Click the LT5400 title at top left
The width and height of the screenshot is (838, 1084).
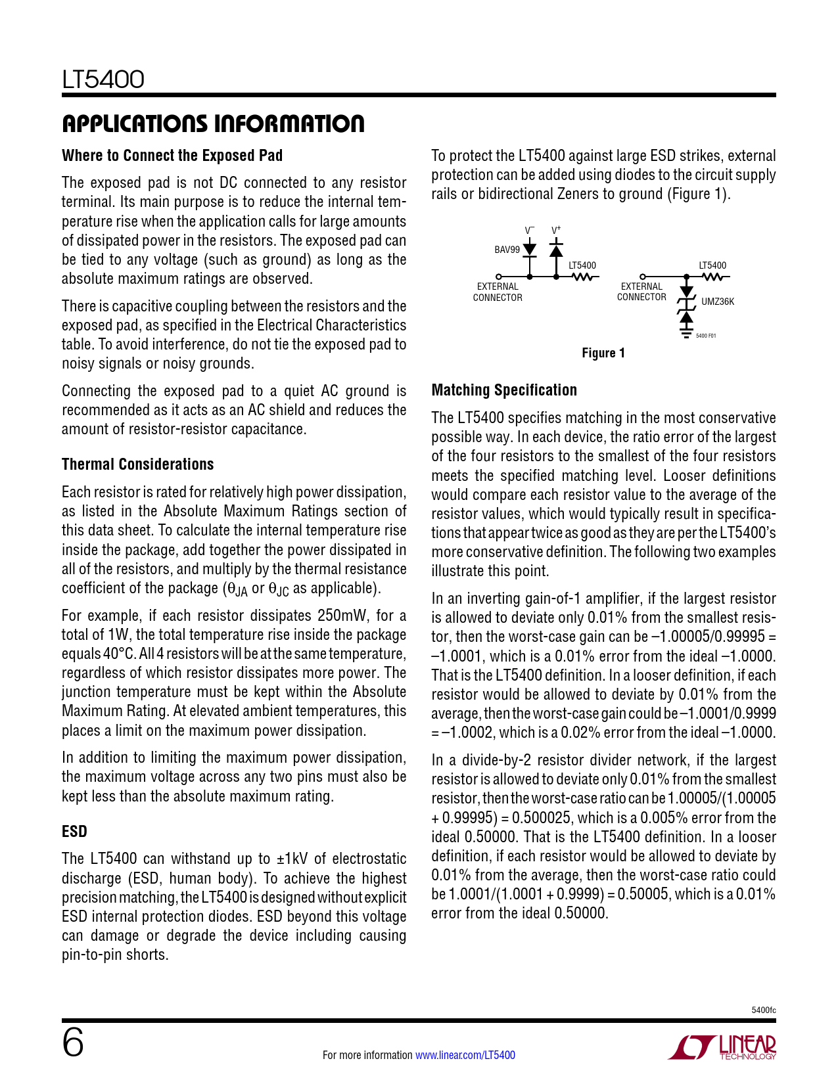[103, 79]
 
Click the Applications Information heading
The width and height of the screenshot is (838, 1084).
[213, 124]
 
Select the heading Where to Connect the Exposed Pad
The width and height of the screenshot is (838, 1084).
[172, 156]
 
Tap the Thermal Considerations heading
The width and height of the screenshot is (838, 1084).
[138, 464]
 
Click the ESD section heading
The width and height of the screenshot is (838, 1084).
[74, 832]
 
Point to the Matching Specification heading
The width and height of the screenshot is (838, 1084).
[504, 390]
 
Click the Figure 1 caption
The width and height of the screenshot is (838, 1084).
[603, 353]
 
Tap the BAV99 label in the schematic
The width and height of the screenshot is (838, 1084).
[507, 250]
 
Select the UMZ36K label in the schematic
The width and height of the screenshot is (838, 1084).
[718, 302]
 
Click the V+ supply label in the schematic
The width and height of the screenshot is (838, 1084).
[556, 230]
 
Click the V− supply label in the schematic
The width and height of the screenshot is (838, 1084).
[530, 230]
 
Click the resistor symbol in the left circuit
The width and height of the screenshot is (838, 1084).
[582, 277]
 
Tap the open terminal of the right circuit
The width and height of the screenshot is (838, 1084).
[643, 277]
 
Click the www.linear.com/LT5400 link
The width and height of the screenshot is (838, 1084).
[465, 1055]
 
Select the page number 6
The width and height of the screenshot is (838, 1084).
[73, 1043]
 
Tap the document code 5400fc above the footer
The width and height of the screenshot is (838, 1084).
[763, 1010]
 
